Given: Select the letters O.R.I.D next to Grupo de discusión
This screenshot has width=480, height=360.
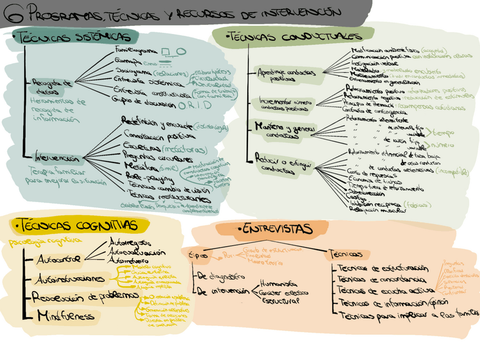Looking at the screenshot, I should (195, 105).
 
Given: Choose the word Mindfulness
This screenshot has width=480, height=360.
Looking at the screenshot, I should (66, 316).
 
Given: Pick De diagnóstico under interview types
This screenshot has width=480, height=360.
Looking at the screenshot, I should (221, 276).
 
